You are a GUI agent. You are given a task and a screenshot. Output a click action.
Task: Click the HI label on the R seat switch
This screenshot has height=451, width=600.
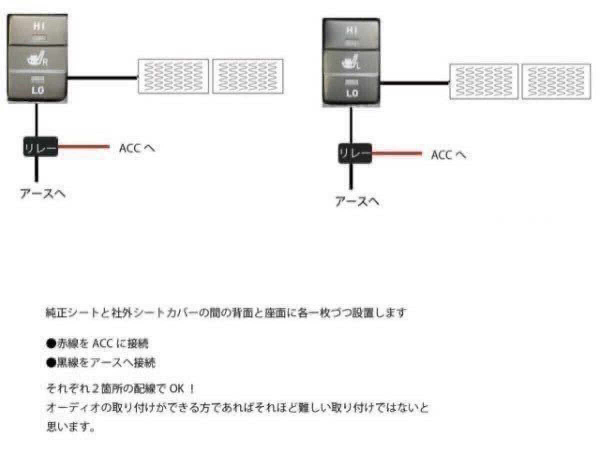click(39, 26)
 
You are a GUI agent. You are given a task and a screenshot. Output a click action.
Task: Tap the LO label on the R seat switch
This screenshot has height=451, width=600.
click(37, 90)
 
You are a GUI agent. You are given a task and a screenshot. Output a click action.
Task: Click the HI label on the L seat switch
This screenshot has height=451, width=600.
click(352, 30)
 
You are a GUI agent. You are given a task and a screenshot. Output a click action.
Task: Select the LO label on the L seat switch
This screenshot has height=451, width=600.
click(352, 93)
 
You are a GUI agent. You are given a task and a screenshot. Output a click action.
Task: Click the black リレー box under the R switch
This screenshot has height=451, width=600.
click(40, 147)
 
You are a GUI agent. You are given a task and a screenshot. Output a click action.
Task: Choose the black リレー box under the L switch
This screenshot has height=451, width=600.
click(355, 153)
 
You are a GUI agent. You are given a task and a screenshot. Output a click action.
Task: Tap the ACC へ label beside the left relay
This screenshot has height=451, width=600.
click(137, 148)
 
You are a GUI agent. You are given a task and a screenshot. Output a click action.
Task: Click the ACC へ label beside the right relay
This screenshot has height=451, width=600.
click(448, 155)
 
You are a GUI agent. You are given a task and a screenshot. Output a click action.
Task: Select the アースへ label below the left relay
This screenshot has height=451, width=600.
click(42, 193)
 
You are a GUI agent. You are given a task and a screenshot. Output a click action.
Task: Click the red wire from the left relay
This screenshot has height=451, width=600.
click(84, 147)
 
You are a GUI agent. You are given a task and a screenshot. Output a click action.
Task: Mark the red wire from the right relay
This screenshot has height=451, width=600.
click(397, 153)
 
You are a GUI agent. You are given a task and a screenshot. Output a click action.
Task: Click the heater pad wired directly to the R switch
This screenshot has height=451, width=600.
click(173, 76)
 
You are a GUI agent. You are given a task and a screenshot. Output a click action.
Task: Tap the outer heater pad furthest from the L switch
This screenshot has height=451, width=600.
click(556, 81)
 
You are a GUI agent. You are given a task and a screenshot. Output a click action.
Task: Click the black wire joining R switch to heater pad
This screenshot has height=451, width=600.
click(102, 78)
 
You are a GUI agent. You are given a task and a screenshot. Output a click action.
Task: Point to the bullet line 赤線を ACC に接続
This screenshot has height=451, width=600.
click(97, 343)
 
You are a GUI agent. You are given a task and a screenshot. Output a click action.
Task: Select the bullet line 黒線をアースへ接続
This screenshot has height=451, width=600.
click(101, 362)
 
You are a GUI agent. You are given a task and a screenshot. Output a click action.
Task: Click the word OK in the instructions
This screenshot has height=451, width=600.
click(176, 388)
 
